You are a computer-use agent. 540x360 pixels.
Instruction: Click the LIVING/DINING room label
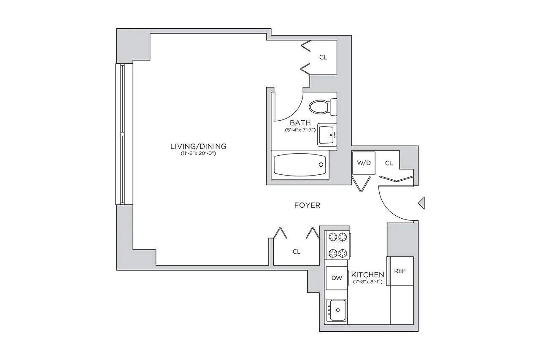(198, 146)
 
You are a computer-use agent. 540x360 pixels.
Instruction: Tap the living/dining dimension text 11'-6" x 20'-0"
(198, 154)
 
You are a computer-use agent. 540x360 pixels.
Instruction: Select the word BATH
(300, 123)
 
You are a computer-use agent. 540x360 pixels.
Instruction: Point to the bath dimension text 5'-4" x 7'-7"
(300, 130)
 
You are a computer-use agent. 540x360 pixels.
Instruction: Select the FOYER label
(307, 206)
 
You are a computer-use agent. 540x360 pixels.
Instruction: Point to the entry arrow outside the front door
(421, 203)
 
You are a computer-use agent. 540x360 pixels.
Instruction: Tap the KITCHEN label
(368, 275)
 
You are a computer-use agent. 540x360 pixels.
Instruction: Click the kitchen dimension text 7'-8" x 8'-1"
(368, 282)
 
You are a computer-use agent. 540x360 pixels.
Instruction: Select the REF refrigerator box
(400, 271)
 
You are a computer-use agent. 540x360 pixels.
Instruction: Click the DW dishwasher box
(336, 278)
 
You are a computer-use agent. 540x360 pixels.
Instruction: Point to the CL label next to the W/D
(389, 163)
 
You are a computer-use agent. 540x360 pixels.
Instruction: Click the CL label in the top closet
(323, 57)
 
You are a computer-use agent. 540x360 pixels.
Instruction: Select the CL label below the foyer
(297, 252)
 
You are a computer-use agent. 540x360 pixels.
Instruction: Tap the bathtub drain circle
(321, 165)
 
